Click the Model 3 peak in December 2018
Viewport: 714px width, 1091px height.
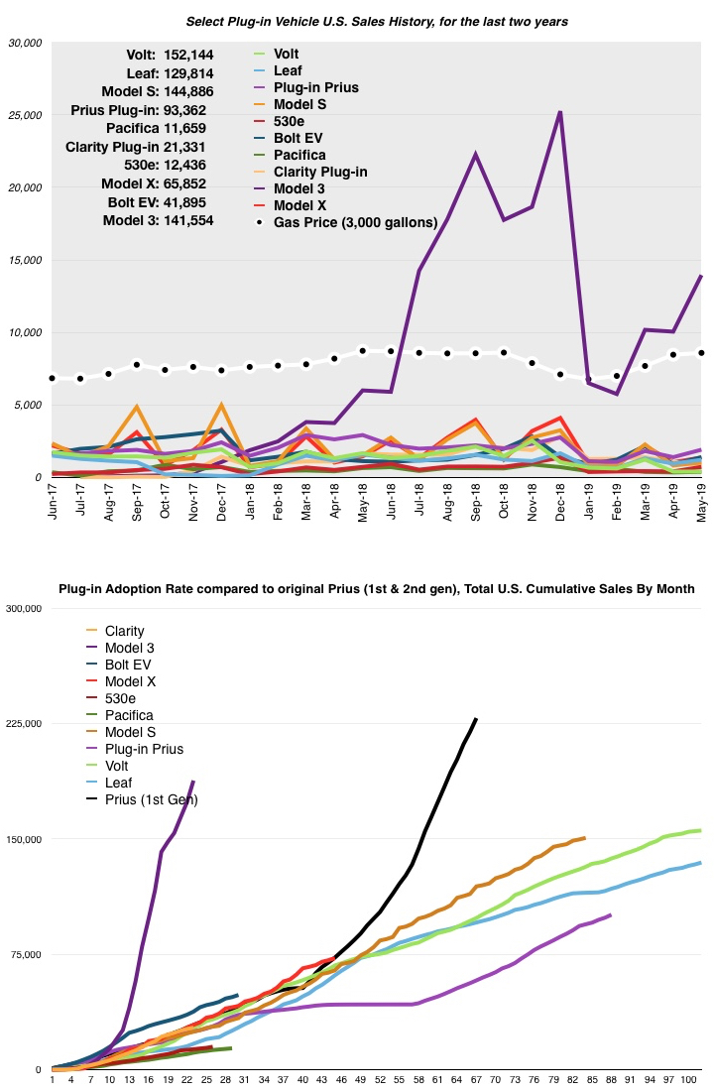click(x=560, y=112)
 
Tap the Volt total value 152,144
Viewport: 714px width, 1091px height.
click(x=178, y=55)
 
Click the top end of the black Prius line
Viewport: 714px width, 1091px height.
click(x=476, y=719)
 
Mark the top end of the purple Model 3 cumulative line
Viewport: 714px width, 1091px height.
click(x=193, y=782)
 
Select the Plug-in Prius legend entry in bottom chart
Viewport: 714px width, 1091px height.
click(x=142, y=749)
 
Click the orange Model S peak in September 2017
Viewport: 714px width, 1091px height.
click(x=137, y=407)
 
